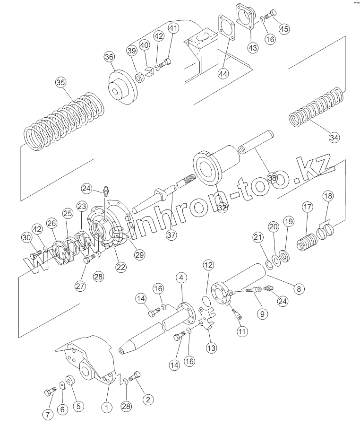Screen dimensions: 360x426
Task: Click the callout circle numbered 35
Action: [x=60, y=82]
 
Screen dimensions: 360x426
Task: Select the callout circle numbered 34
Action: [x=334, y=138]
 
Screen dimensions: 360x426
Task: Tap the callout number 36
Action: [x=109, y=57]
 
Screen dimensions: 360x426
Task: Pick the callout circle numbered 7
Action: [x=47, y=415]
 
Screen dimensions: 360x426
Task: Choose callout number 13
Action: [x=211, y=348]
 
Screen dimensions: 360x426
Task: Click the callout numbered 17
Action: [x=308, y=207]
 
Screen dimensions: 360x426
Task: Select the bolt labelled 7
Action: [x=50, y=392]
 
